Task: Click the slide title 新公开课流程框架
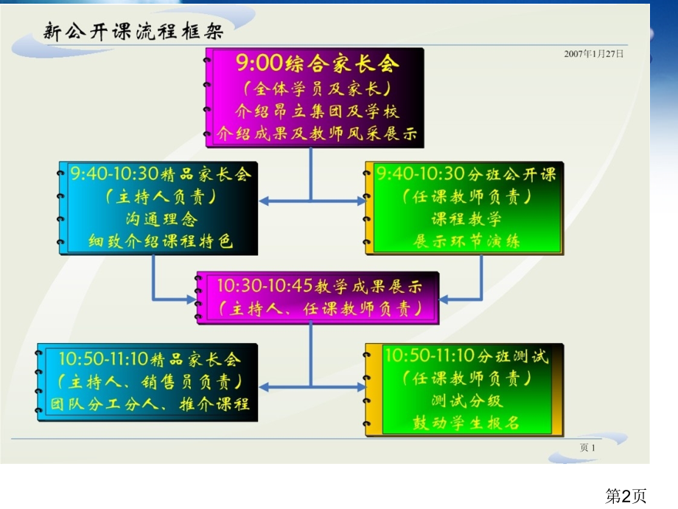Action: point(133,32)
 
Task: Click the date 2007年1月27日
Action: point(594,54)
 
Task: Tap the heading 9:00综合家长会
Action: point(317,63)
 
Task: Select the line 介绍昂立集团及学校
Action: point(317,111)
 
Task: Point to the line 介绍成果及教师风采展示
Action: point(317,134)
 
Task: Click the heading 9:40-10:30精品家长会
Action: point(161,174)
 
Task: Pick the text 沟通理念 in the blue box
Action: point(161,218)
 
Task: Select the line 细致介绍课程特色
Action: point(161,240)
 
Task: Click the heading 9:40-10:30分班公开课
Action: point(466,174)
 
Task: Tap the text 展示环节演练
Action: point(466,241)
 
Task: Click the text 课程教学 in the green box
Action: point(466,218)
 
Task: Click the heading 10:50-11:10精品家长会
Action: point(150,359)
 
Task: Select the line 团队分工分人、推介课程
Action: point(150,404)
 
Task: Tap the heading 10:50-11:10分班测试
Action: point(466,356)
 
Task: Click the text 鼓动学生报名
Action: point(466,423)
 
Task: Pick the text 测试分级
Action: point(466,401)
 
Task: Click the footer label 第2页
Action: point(626,496)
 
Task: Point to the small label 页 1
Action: point(587,448)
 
